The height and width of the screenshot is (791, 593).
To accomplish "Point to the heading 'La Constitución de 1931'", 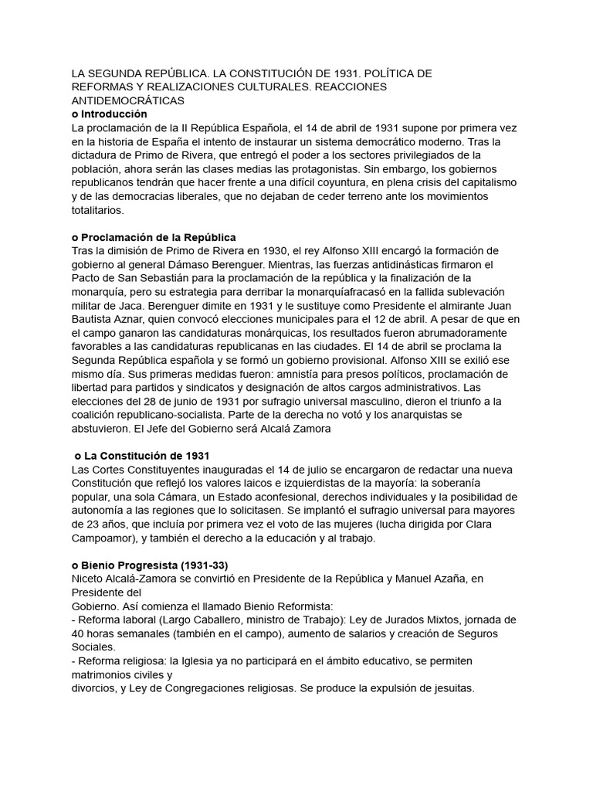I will click(147, 456).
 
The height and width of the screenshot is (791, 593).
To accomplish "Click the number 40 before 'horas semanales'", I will click(78, 633).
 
